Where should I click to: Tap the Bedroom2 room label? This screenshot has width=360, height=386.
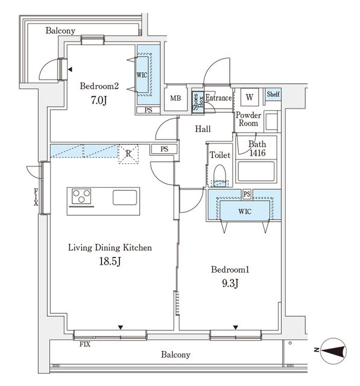click(100, 86)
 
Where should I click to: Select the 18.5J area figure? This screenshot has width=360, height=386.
click(111, 261)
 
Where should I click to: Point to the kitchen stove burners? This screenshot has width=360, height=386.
click(82, 197)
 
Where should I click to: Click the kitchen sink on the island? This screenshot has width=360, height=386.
click(125, 197)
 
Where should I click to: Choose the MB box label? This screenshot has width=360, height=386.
click(175, 98)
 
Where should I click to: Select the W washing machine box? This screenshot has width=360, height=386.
click(249, 97)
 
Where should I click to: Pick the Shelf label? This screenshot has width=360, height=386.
click(273, 94)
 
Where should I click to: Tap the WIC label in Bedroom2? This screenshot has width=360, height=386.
click(142, 75)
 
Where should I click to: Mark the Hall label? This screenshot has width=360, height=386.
click(202, 129)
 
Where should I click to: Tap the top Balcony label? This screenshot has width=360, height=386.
click(60, 31)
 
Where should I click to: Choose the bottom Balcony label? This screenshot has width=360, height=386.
click(175, 355)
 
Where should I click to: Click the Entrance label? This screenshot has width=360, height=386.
click(218, 98)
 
